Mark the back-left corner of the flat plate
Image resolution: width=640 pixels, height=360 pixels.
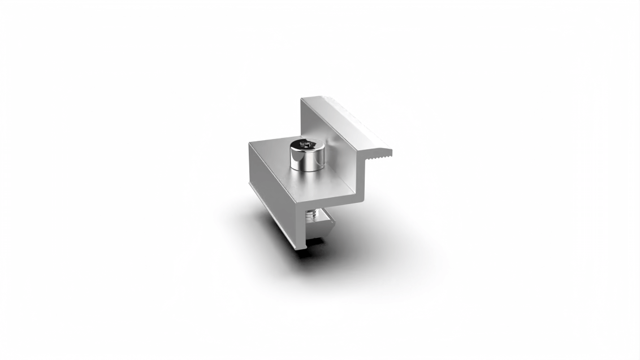click(x=250, y=144)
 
